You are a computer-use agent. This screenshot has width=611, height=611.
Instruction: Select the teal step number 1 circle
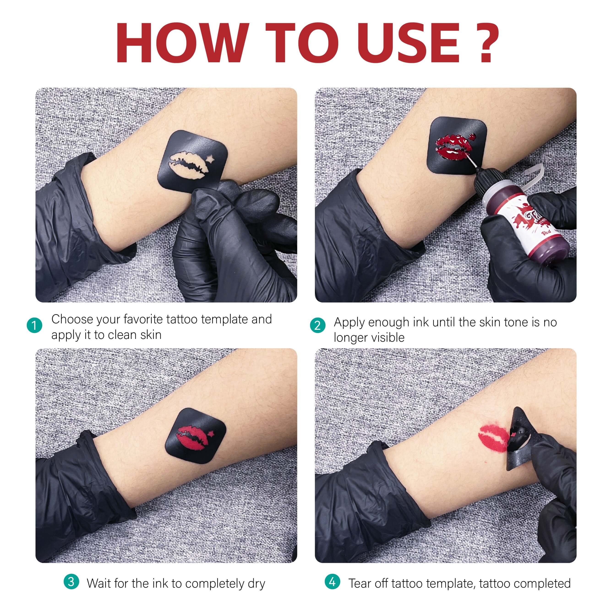35,325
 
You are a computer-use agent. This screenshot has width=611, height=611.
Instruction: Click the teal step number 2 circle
317,325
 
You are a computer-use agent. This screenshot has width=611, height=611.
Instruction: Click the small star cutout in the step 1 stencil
210,158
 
